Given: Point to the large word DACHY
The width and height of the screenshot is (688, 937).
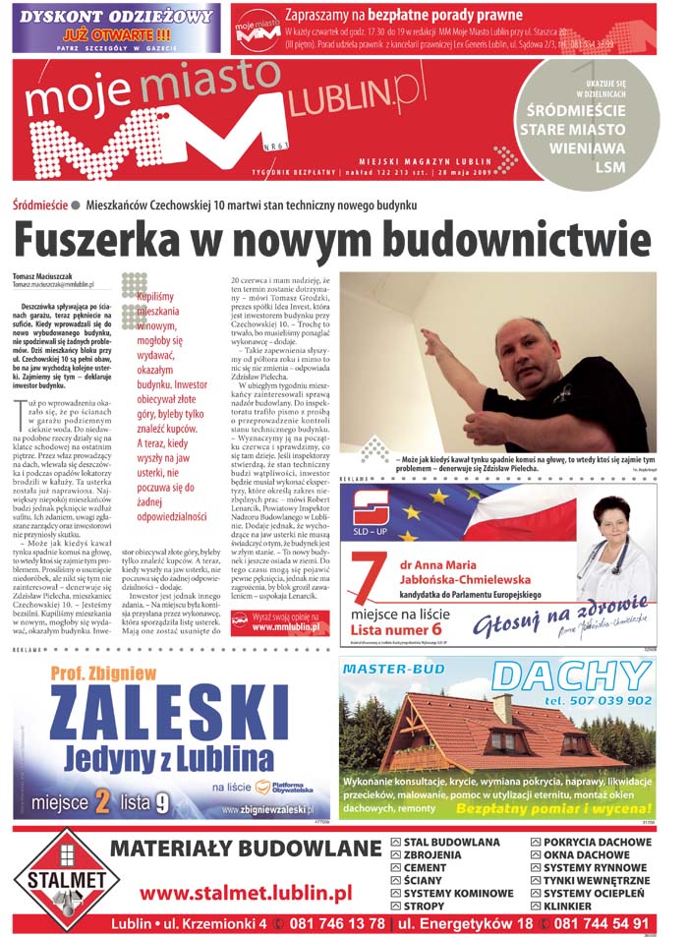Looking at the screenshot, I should pyautogui.click(x=570, y=675).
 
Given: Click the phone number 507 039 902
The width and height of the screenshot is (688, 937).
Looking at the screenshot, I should pyautogui.click(x=598, y=700).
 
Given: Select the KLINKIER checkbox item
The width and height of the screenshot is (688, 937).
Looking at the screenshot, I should pyautogui.click(x=569, y=906).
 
